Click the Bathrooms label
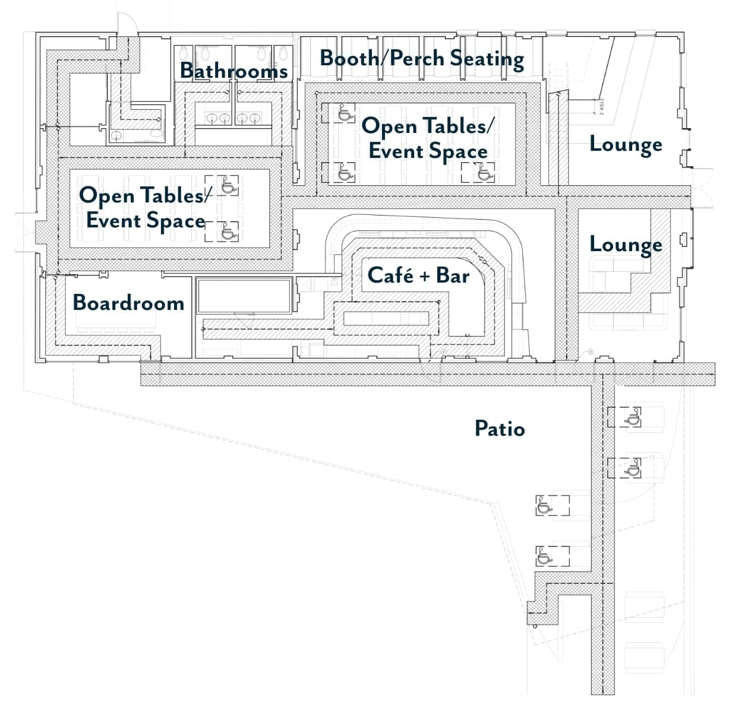click(x=233, y=71)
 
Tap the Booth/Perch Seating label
click(x=422, y=59)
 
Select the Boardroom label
click(x=128, y=303)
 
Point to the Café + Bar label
click(x=419, y=275)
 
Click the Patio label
click(x=500, y=428)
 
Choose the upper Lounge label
click(x=626, y=144)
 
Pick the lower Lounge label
click(x=626, y=245)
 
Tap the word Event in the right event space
click(x=396, y=151)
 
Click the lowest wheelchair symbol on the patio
click(x=544, y=556)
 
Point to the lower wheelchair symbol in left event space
click(x=229, y=232)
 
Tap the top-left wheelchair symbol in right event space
click(x=346, y=113)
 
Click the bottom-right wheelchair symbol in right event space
click(x=485, y=173)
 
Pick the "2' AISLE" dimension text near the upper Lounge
click(x=602, y=106)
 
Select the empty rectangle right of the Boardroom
click(x=244, y=296)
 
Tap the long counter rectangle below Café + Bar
click(x=386, y=318)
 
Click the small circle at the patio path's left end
click(x=535, y=626)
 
